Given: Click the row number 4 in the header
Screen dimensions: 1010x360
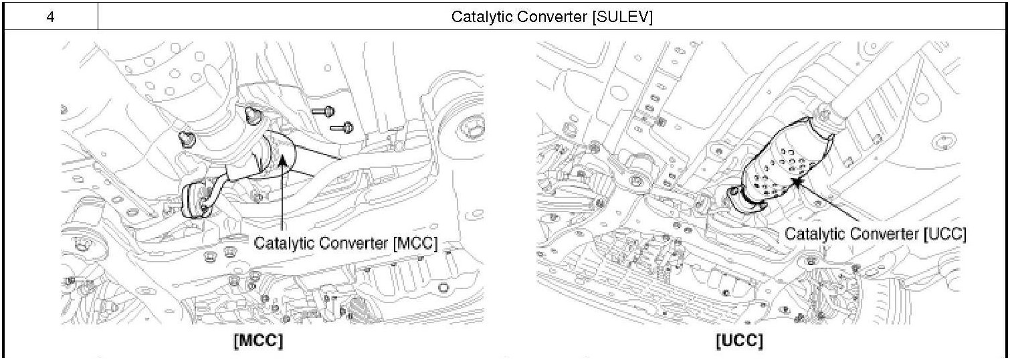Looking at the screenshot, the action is tap(51, 17).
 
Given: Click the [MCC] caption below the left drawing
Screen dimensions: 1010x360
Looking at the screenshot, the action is tap(258, 341).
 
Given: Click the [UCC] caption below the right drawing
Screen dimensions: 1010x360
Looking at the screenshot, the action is tap(739, 341).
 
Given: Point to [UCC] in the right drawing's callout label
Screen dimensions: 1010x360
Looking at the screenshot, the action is tap(944, 234).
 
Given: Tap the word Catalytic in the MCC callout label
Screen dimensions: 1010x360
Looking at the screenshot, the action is tap(282, 244).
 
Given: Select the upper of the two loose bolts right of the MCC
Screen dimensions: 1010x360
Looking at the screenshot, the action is tap(324, 111).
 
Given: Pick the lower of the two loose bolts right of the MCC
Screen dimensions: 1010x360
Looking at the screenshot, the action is tap(343, 126).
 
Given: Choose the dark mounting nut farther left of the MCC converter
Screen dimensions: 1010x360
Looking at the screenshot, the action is tap(187, 139).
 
